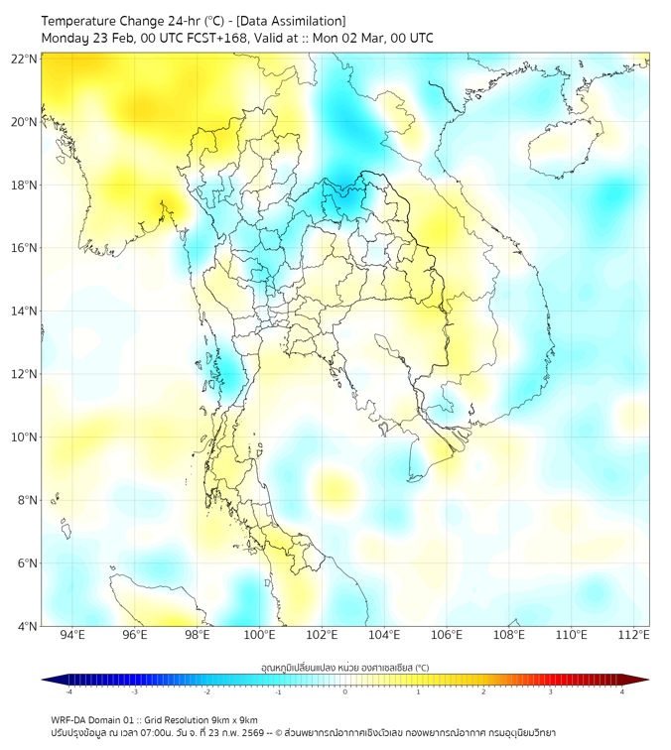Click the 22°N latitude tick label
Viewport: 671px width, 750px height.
25,59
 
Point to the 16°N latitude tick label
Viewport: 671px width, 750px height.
25,248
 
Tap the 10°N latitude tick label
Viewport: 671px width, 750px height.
25,437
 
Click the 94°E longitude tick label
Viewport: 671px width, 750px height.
72,636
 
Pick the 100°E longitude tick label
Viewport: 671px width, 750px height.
259,636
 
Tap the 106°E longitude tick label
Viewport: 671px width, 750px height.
447,636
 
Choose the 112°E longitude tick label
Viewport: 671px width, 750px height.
633,636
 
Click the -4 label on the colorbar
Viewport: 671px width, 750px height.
68,691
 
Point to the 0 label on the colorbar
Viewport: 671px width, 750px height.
345,691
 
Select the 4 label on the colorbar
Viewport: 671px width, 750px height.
622,691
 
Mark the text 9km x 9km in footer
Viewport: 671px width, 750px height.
234,719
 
